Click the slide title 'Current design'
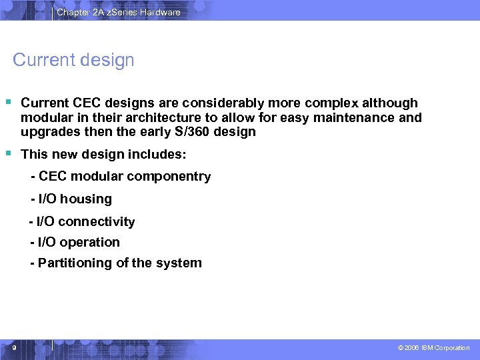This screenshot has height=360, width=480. coord(73,60)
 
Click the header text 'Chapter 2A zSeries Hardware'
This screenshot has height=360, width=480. coord(118,12)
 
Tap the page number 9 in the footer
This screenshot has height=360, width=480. coord(14,347)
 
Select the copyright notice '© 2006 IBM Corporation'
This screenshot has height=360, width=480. coord(433,348)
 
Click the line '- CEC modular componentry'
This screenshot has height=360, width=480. coord(121,177)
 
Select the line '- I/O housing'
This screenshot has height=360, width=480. coord(71,199)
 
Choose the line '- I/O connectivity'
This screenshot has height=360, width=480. coord(82,221)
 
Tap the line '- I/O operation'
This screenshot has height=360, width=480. coord(75,242)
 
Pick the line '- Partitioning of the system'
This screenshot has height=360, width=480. coord(115,263)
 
